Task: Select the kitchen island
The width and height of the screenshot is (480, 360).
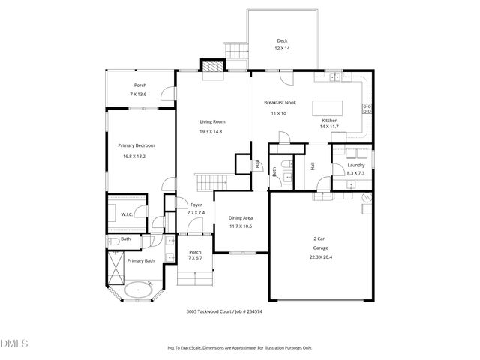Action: (x=327, y=106)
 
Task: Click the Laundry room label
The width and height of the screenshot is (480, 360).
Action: (x=355, y=165)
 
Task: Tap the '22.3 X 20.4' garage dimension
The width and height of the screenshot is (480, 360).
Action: (x=319, y=256)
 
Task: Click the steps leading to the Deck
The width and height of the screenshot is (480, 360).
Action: (x=237, y=51)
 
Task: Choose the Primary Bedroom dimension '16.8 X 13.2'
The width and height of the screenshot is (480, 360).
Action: (x=131, y=156)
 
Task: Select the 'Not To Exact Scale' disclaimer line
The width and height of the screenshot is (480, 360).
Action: (x=239, y=347)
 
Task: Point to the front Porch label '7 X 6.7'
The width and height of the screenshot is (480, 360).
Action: (x=194, y=257)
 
